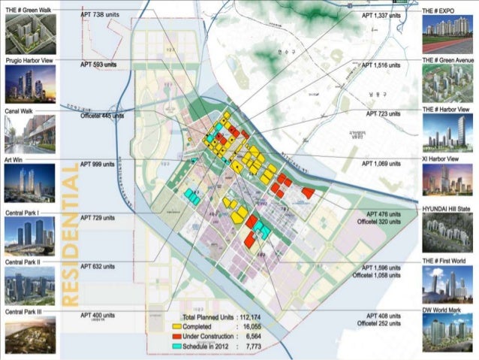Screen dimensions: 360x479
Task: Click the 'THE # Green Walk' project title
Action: tap(28, 10)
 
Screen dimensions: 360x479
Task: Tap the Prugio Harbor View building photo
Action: tap(30, 85)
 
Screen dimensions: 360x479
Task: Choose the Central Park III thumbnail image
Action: tap(30, 335)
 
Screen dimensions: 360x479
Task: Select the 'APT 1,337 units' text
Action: tap(381, 15)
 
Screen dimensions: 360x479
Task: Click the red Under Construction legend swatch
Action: tap(176, 337)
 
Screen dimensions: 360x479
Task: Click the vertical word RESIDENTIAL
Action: tap(69, 237)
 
